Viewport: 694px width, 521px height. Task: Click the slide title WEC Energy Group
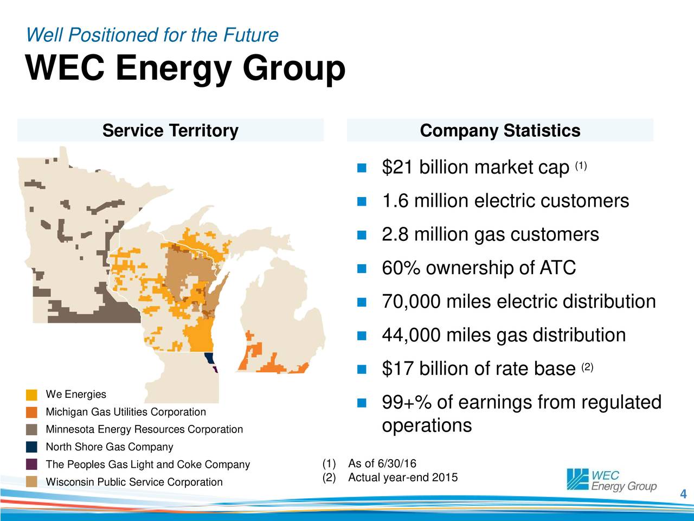185,69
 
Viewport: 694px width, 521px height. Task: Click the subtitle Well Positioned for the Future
152,35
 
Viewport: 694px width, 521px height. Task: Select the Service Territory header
170,131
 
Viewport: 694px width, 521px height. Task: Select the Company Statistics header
500,131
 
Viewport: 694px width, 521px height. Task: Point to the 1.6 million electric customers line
505,201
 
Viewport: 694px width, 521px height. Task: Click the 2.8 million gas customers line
490,235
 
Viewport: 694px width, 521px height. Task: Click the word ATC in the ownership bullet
557,268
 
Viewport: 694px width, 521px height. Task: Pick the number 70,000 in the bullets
411,302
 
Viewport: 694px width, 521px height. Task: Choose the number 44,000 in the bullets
411,335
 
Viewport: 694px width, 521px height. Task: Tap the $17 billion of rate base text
478,370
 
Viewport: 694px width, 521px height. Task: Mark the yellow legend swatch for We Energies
31,395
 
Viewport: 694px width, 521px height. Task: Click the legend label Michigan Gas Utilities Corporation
126,412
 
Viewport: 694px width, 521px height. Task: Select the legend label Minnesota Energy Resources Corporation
144,430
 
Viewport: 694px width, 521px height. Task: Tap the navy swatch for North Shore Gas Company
31,447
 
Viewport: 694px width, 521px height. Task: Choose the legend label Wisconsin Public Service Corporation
134,482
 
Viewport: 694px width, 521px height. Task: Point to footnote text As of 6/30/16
382,463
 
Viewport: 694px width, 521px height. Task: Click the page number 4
683,494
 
